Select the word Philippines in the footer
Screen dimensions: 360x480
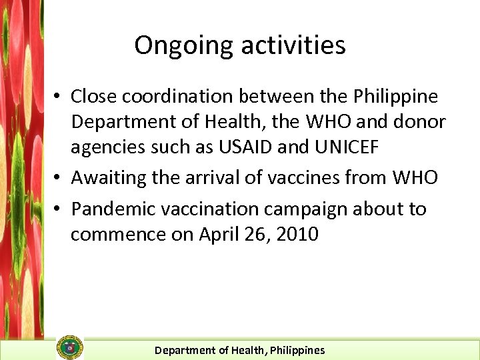tap(297, 350)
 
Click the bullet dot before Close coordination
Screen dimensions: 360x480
tap(59, 97)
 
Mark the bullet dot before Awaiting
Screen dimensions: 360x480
tap(59, 179)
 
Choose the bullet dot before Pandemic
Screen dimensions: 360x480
tap(59, 209)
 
